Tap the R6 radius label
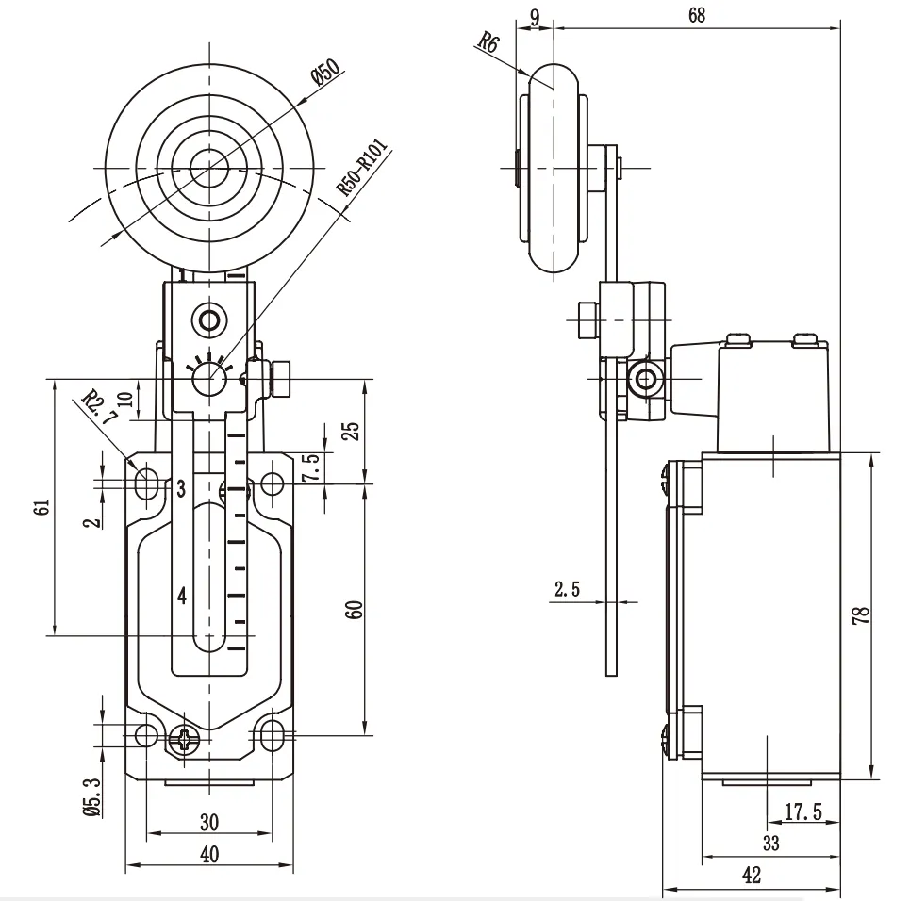(487, 42)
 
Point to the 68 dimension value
(696, 14)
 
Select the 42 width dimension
(752, 875)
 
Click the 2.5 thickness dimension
(567, 590)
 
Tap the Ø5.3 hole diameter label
(91, 794)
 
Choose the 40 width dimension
(209, 854)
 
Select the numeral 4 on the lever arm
(182, 596)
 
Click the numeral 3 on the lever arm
(180, 488)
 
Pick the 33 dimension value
(770, 844)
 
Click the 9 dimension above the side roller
(536, 14)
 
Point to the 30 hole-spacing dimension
(209, 823)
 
